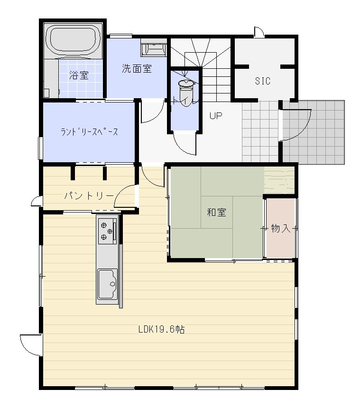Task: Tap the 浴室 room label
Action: [79, 75]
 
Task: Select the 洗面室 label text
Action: [137, 69]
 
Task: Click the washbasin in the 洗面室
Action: [154, 49]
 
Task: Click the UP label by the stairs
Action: [216, 116]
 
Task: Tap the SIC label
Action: [262, 81]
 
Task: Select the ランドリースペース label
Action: [89, 132]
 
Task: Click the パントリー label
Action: [89, 195]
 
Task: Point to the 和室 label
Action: [216, 212]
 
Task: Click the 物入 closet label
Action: [280, 229]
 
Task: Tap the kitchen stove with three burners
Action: [107, 231]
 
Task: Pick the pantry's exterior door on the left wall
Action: [36, 202]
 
